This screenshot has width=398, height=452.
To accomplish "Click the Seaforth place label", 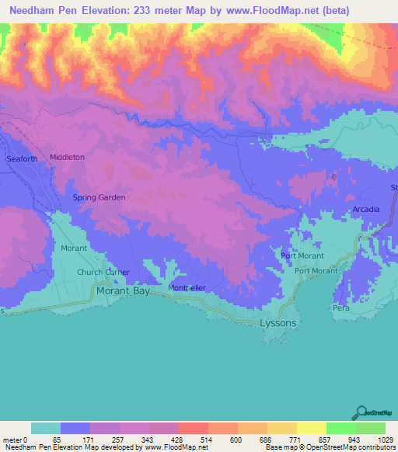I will coord(22,159).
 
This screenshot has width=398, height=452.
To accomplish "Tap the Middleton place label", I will coord(67,157).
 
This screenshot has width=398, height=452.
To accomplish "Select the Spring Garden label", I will coord(99,197).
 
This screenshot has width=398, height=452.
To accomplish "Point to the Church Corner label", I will coord(103,273).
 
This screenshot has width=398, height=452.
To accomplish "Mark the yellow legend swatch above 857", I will coord(311,428).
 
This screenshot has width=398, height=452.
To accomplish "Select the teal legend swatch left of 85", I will coord(46,428).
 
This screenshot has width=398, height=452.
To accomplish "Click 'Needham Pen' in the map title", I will coord(39,11).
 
